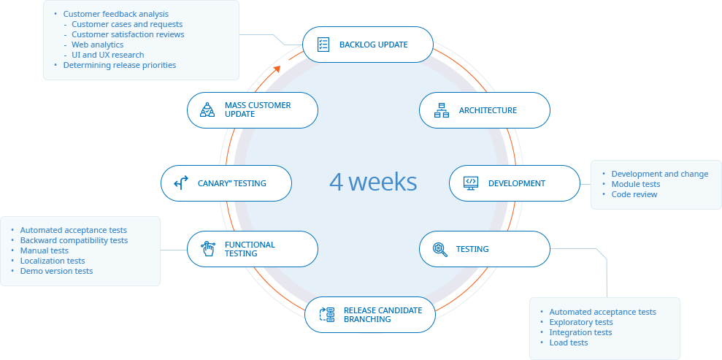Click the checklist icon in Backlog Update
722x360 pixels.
(323, 45)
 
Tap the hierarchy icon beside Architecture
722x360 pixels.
(442, 110)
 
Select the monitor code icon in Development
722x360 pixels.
(471, 183)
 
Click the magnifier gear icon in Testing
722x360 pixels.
(439, 249)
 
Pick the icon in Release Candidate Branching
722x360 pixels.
(326, 315)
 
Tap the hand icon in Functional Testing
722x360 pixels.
(208, 249)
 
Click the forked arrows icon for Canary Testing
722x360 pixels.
(181, 183)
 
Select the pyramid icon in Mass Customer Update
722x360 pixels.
(207, 110)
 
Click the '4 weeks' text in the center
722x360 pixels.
(373, 181)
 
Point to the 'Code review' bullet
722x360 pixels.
(634, 194)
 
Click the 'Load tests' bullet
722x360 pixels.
(568, 342)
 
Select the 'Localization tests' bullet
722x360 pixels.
(52, 261)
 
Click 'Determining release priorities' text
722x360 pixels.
(119, 65)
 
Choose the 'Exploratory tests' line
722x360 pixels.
(580, 322)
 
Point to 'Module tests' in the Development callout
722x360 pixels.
(635, 184)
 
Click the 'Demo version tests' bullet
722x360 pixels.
(56, 271)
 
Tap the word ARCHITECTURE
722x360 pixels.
(488, 110)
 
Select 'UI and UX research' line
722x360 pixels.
(107, 55)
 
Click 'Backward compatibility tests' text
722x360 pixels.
(73, 240)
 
